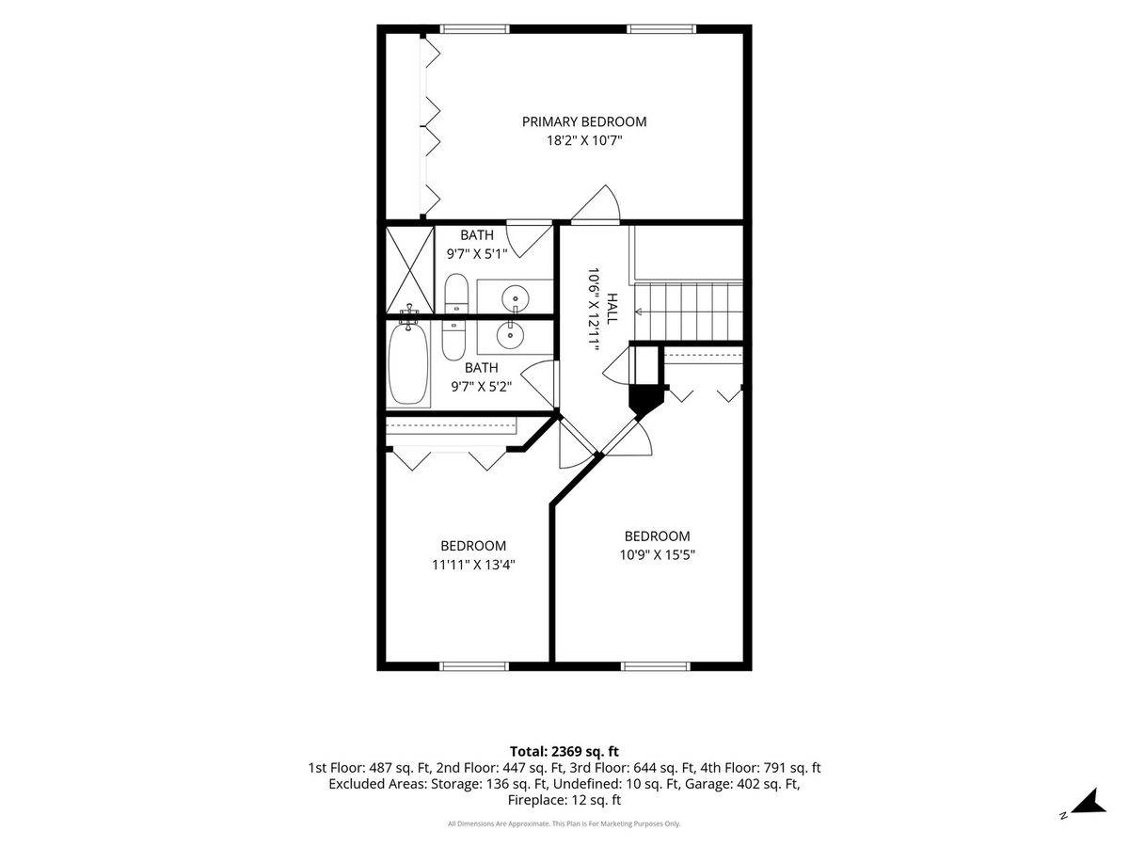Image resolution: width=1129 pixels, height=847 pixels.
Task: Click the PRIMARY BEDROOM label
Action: pos(584,122)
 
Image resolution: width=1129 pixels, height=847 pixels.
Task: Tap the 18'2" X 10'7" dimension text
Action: pos(584,140)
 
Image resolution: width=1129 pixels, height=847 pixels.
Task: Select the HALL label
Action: pos(612,309)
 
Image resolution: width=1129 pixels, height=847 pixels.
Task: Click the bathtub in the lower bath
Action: pos(408,363)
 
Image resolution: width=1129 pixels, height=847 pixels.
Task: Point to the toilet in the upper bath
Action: pos(455,294)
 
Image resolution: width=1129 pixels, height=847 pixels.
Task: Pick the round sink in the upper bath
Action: pos(515,298)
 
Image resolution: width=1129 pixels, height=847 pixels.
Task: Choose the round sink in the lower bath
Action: pos(511,335)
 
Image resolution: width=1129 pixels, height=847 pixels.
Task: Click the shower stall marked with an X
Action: pos(410,269)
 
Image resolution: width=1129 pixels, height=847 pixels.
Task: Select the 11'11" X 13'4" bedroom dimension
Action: pos(473,565)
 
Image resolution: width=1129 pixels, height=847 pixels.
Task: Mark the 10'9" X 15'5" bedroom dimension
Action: pos(658,555)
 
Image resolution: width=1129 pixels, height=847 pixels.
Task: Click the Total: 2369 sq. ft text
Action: pos(564,751)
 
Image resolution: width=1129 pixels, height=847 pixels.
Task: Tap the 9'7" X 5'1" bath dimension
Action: pos(477,253)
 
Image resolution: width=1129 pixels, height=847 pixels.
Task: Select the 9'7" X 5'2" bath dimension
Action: pos(482,386)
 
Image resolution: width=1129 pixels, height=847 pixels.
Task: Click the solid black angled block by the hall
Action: pos(645,399)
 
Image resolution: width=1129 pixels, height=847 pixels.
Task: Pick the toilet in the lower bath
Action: pos(453,339)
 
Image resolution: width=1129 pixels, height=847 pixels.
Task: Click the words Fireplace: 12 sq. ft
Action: pos(564,800)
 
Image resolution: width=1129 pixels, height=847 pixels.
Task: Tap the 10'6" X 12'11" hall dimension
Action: pos(594,309)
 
